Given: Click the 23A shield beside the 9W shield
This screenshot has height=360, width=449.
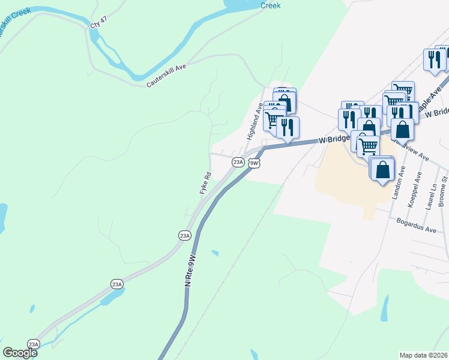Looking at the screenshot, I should click(x=238, y=162).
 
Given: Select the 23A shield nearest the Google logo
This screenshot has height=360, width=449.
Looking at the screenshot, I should click(x=33, y=344).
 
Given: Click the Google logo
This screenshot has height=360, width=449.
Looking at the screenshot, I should click(x=20, y=353).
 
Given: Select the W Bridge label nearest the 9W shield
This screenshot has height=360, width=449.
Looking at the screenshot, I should click(x=334, y=139).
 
